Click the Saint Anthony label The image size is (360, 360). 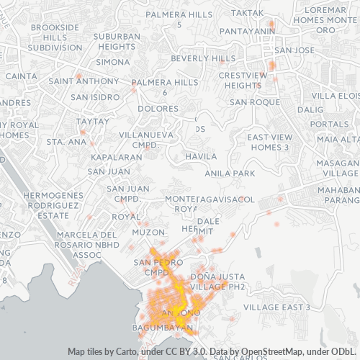[x=75, y=81]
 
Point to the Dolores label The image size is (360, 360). [x=158, y=109]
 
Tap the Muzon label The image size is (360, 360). [x=149, y=233]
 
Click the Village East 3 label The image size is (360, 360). [x=276, y=307]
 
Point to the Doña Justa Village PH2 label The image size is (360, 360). [x=217, y=282]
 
